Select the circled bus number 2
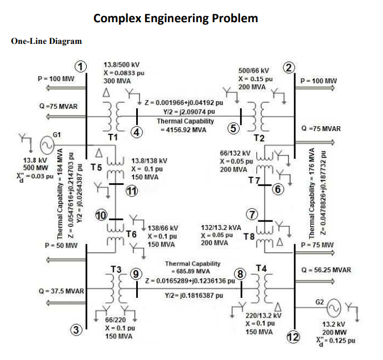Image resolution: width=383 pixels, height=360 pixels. point(289,68)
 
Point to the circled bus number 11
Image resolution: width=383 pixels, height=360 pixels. point(131,192)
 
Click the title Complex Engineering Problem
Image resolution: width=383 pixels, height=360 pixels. point(176,18)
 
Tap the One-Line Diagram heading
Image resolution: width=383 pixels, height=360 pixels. point(46,41)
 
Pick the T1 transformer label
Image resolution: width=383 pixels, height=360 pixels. point(113,137)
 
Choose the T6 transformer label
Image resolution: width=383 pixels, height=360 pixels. point(131,234)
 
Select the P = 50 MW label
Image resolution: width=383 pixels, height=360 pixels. point(61,245)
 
